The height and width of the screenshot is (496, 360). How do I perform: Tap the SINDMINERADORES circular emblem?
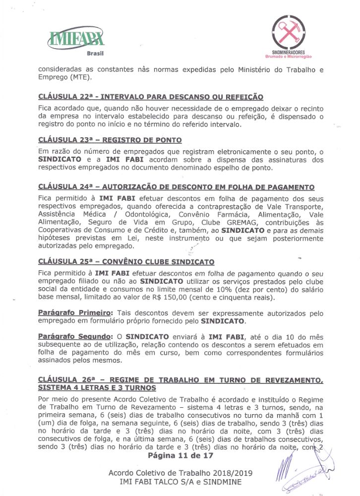pos(292,31)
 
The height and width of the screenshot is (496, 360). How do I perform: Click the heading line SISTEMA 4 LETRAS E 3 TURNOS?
pos(97,387)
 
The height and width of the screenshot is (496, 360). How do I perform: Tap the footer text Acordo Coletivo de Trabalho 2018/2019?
pos(180,473)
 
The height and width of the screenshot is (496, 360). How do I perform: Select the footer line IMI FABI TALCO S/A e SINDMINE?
pos(180,482)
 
